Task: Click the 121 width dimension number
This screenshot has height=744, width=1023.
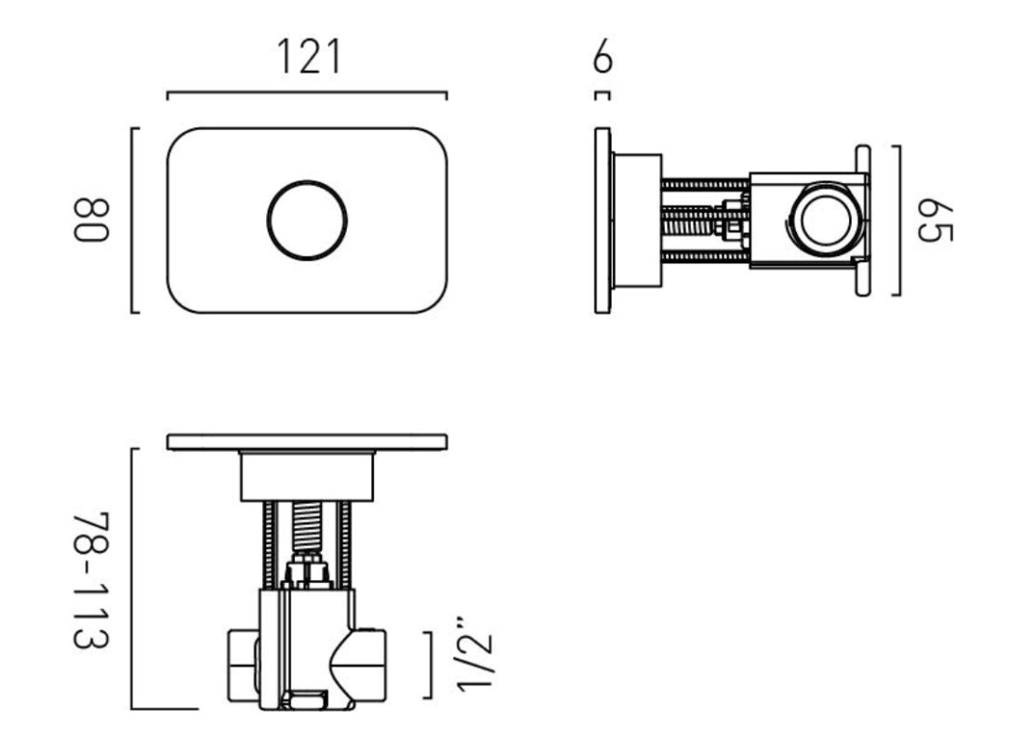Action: [309, 58]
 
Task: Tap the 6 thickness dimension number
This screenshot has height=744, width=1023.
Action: [603, 60]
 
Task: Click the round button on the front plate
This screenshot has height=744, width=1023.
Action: [307, 219]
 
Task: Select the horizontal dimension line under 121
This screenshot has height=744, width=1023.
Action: [307, 93]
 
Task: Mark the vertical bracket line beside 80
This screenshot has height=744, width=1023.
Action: [134, 219]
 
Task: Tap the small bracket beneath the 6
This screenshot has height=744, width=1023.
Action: [603, 94]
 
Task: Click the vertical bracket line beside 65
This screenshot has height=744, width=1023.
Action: [898, 220]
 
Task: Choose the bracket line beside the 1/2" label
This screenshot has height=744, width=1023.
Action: [429, 664]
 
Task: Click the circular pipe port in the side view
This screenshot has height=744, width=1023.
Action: [819, 220]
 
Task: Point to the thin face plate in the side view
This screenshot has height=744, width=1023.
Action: [603, 220]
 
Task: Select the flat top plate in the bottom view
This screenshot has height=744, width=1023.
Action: [307, 442]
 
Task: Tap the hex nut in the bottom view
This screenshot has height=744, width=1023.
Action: [307, 569]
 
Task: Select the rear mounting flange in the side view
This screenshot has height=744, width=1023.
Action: [862, 220]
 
